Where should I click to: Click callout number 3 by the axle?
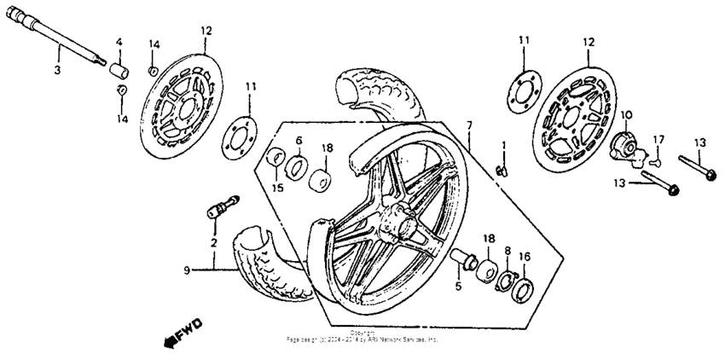click(57, 70)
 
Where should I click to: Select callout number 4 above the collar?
click(119, 42)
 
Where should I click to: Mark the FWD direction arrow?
click(180, 335)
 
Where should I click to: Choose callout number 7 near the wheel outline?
click(468, 126)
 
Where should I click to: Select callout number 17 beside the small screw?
click(658, 139)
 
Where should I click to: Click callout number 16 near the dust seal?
click(525, 255)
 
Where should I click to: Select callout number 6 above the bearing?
click(299, 140)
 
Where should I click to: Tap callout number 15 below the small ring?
click(275, 187)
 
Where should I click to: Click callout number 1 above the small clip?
click(503, 145)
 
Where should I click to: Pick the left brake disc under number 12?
click(183, 100)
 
